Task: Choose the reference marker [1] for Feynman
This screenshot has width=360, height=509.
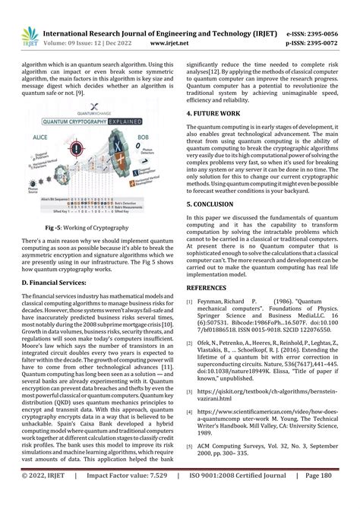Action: tap(191, 302)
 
